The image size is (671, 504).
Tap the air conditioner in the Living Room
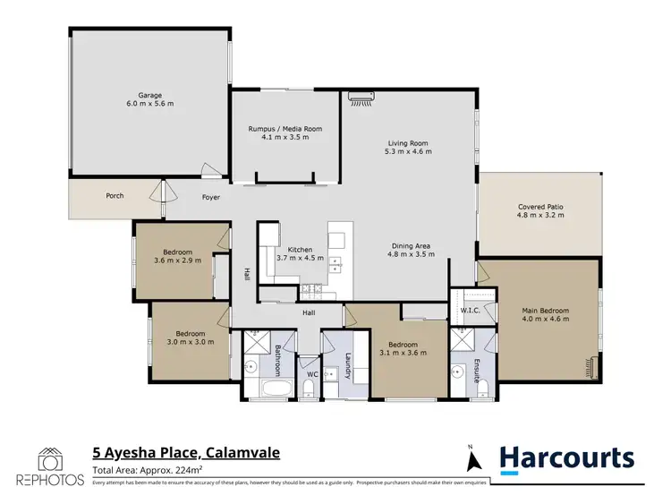click(361, 100)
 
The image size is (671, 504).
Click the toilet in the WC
click(308, 387)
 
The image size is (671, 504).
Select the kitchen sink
click(335, 264)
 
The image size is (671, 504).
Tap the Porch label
click(115, 196)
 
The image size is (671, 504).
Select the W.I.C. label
click(470, 311)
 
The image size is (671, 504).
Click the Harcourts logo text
click(565, 458)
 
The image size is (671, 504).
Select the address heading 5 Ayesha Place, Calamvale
click(186, 453)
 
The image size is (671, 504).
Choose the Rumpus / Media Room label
click(285, 129)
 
